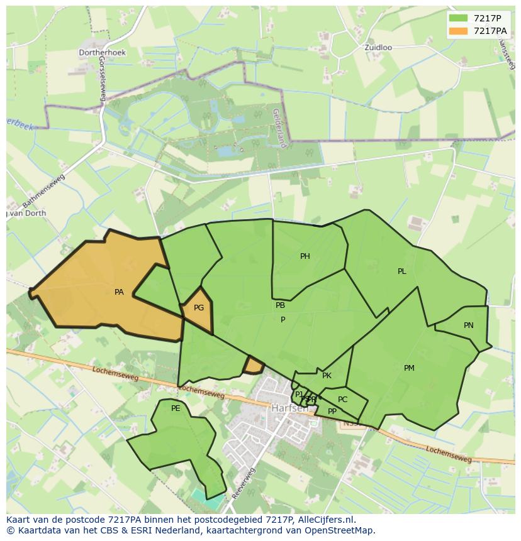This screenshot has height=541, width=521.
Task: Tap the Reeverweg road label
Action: tap(244, 483)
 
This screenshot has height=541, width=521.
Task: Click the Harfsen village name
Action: tap(290, 408)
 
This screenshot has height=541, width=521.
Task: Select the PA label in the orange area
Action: tap(119, 292)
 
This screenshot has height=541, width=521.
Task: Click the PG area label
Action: tap(199, 308)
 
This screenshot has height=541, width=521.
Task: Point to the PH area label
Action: tap(305, 256)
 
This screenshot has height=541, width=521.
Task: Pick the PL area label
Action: tap(402, 271)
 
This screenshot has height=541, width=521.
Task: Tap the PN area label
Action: tap(469, 325)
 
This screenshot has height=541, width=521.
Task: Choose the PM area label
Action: tap(409, 368)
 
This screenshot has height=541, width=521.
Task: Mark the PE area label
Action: tap(176, 408)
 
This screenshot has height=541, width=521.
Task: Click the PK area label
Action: tap(327, 376)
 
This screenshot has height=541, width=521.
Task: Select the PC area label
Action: tap(342, 400)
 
